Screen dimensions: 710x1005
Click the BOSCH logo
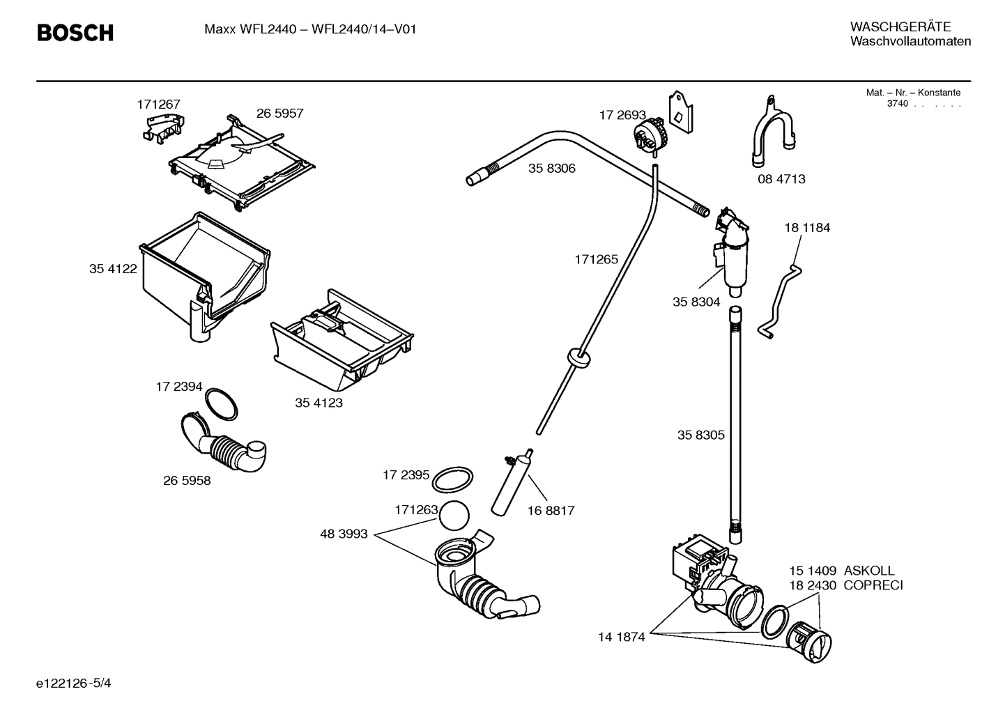75,33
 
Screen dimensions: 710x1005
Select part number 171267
158,105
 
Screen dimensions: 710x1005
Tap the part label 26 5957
279,113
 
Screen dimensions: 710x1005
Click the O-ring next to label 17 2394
222,405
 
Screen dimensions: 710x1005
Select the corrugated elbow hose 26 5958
223,446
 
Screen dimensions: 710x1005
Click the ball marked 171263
454,516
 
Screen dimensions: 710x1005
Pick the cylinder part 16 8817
513,481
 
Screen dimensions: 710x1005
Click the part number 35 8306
551,168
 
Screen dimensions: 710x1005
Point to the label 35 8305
700,435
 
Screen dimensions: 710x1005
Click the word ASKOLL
869,571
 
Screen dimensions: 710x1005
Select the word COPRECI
873,585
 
